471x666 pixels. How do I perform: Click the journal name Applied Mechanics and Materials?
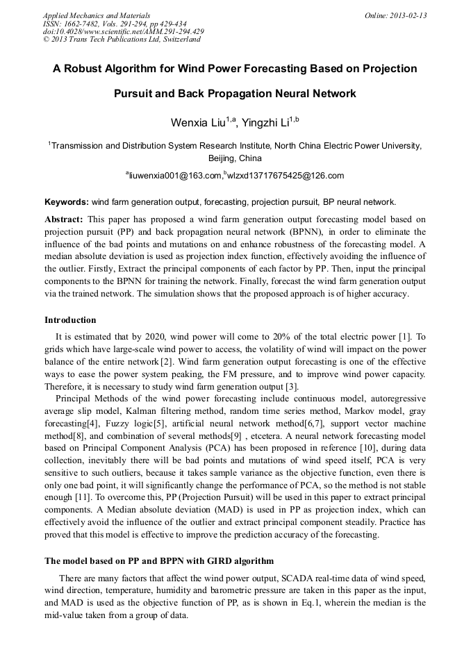coord(96,15)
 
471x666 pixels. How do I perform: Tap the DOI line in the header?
coord(124,31)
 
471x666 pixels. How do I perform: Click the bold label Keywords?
coord(67,202)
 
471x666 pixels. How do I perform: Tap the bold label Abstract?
coord(63,219)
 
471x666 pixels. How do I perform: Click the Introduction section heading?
coord(70,320)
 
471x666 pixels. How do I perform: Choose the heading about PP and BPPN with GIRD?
coord(159,560)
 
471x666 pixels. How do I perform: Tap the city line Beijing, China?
coord(235,159)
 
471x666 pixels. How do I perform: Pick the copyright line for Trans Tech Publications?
coord(122,40)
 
